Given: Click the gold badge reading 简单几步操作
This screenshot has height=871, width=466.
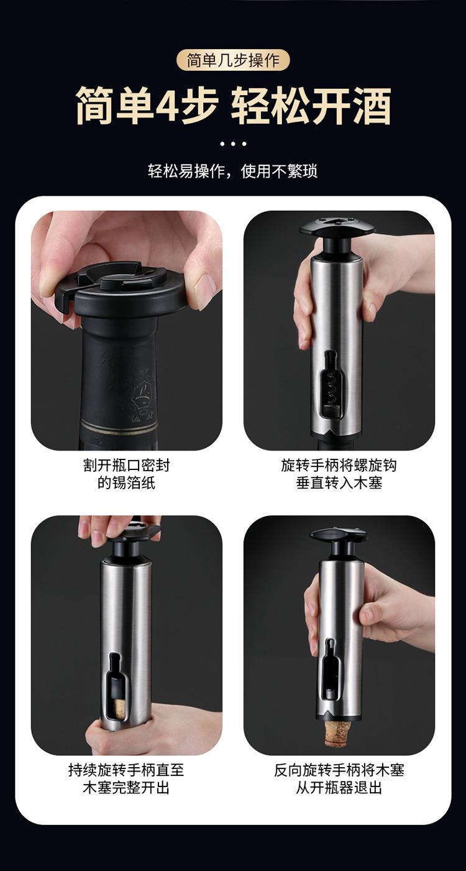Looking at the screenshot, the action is click(233, 60).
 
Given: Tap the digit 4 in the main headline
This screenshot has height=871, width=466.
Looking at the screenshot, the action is click(166, 105).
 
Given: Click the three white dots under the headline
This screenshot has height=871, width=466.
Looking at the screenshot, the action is click(233, 144).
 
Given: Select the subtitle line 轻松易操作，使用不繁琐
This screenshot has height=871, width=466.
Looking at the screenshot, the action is click(232, 171).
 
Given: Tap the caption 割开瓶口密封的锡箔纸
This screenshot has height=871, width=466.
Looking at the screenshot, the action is click(126, 474).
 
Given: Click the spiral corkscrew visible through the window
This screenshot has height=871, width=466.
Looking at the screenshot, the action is click(332, 388).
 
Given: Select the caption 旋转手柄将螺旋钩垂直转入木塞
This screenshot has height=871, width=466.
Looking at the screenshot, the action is click(339, 474).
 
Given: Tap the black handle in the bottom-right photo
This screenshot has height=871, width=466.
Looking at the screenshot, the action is click(339, 541).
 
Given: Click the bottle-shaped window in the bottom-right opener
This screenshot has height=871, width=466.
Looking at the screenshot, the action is click(330, 670).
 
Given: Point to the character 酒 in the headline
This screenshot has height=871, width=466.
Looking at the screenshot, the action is click(370, 105).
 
